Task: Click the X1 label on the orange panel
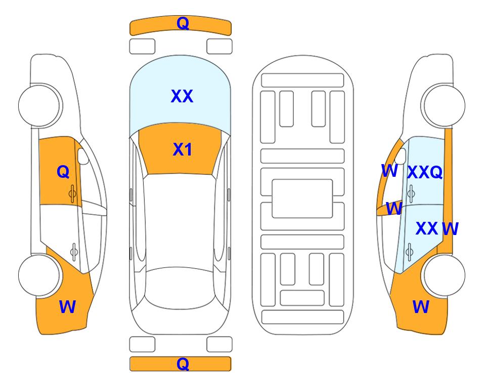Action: tap(183, 149)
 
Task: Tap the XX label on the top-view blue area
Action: tap(182, 96)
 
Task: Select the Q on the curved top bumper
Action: tap(183, 23)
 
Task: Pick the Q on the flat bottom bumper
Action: tap(183, 364)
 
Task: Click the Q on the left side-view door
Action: tap(63, 172)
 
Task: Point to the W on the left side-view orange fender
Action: tap(67, 307)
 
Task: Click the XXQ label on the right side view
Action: tap(425, 172)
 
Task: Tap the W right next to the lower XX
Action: tap(450, 229)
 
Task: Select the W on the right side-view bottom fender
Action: tap(421, 307)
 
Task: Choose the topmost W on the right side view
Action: tap(389, 171)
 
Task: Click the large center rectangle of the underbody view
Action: tap(302, 199)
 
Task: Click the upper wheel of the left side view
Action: tap(40, 105)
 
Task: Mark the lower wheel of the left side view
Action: tap(39, 275)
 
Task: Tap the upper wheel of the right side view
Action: tap(443, 105)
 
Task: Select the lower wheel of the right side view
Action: tap(444, 275)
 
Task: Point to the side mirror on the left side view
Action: tap(83, 156)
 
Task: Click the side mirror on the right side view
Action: tap(401, 156)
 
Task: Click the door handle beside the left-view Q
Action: tap(72, 193)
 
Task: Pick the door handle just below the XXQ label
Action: tap(411, 193)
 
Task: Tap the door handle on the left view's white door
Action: tap(74, 252)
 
